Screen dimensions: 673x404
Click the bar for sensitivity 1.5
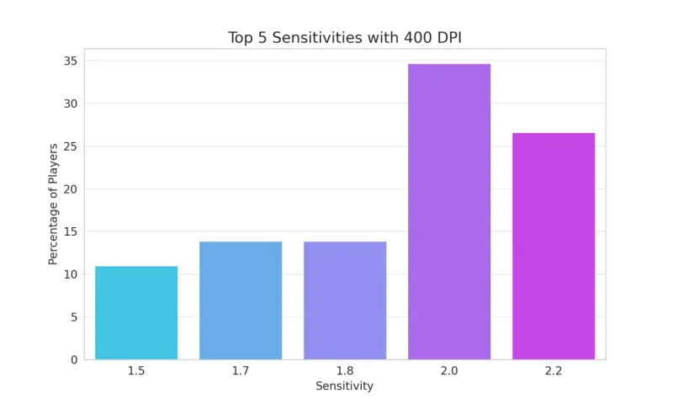point(136,312)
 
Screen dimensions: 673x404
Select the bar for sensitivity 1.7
point(241,300)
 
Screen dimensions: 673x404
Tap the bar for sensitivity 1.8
point(345,300)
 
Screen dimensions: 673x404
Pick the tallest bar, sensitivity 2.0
point(449,211)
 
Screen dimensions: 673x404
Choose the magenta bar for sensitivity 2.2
point(554,246)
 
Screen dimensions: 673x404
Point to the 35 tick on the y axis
point(71,61)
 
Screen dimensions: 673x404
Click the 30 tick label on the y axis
point(71,104)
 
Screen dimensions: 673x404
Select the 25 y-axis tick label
point(71,146)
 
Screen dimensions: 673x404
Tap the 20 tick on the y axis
point(71,189)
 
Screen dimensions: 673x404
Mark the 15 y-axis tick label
point(71,231)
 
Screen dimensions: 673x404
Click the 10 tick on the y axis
point(71,274)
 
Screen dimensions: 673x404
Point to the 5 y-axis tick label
point(74,316)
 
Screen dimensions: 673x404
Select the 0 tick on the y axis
point(74,359)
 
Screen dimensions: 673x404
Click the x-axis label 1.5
point(136,370)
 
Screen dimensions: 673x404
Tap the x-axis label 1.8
point(345,370)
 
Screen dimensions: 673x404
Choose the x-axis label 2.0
point(449,370)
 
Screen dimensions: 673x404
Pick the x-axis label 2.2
point(554,370)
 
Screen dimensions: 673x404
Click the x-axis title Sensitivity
point(345,386)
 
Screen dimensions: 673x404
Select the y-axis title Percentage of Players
point(53,204)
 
